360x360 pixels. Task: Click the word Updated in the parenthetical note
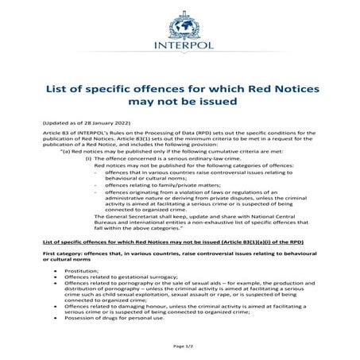pyautogui.click(x=55, y=123)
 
